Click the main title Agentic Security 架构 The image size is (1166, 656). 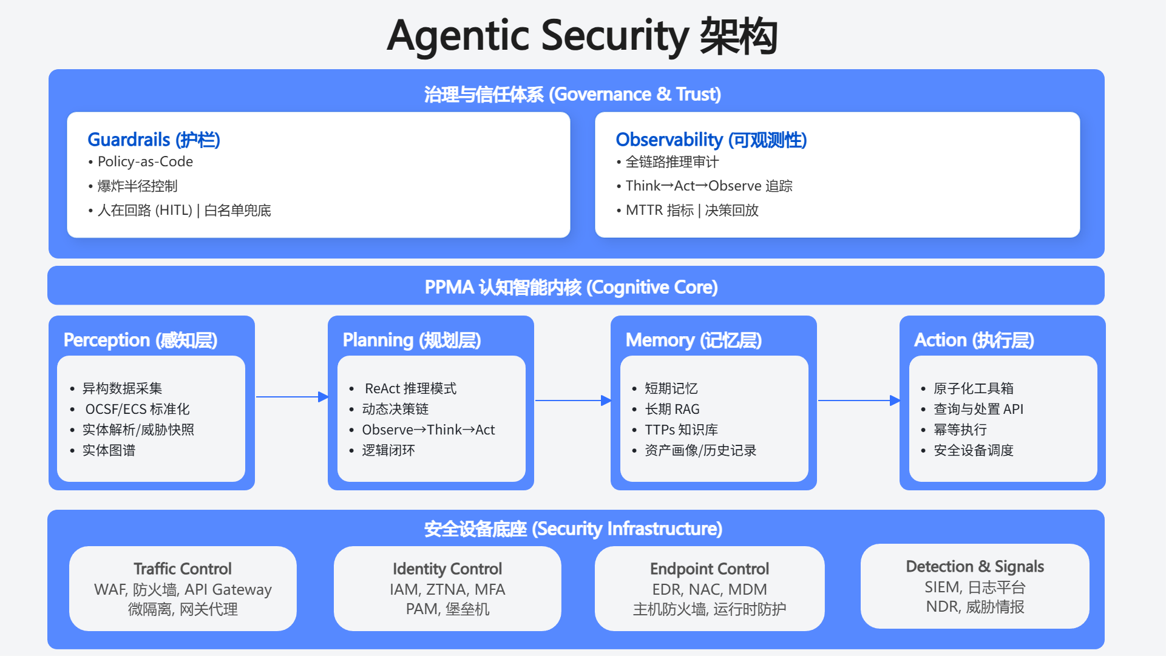[582, 36]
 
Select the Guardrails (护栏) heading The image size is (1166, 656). [154, 140]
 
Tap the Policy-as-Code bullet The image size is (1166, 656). [145, 162]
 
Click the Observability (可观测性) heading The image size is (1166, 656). [711, 140]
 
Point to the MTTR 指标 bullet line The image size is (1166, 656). [692, 211]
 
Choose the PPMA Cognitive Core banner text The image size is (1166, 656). [571, 287]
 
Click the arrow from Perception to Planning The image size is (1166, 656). [291, 397]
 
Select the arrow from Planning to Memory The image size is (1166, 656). [572, 401]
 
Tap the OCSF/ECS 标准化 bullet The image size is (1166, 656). [137, 409]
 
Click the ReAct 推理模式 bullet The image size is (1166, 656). [410, 388]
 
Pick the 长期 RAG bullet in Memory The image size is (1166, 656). [672, 409]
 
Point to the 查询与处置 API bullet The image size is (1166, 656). [978, 409]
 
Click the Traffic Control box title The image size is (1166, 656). [183, 569]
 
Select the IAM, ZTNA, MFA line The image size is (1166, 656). [447, 589]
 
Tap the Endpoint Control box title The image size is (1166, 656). [710, 569]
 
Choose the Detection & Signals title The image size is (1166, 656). [975, 566]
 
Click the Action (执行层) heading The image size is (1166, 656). [974, 340]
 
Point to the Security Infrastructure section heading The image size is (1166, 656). [573, 529]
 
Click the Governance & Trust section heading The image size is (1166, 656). [572, 94]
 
